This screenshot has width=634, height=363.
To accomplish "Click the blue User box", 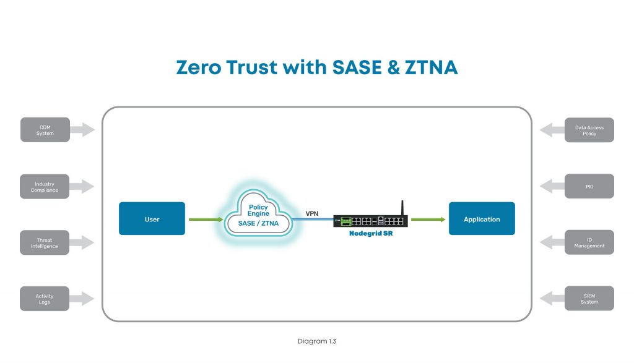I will [x=152, y=219].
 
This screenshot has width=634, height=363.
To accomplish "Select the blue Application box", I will [x=482, y=219].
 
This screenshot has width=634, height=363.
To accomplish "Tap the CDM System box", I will [x=45, y=130].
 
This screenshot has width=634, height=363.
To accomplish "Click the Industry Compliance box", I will [x=45, y=186].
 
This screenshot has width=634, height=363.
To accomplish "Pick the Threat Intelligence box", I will [x=45, y=242].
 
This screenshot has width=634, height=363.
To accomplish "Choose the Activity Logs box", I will [x=45, y=299].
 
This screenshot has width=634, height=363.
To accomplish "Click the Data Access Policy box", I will [x=589, y=130].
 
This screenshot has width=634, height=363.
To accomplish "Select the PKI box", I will [x=589, y=186].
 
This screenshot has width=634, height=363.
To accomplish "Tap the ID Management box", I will [x=589, y=242].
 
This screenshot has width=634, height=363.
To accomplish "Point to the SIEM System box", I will [x=589, y=299].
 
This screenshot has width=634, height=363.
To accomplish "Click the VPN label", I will [x=313, y=213].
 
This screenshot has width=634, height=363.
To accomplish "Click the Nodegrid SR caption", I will [x=370, y=233].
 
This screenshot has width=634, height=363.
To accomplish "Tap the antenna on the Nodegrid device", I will [x=401, y=207].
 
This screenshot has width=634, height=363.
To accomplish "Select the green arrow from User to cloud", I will [x=206, y=219].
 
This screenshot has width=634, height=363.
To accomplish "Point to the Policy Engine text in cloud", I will [x=258, y=210].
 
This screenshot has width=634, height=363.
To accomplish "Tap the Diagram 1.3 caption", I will [x=316, y=341].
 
